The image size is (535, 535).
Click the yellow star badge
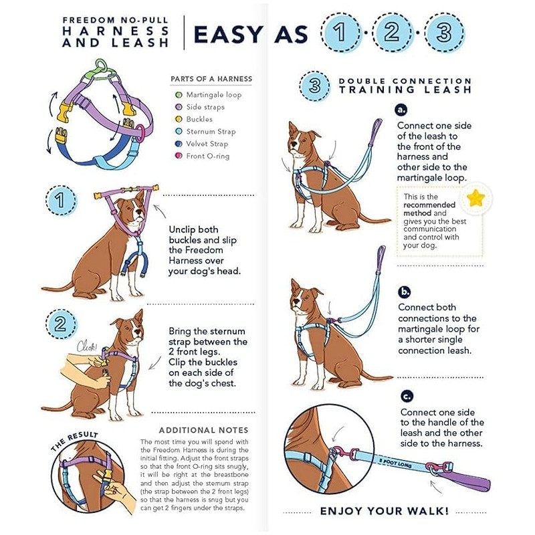click(x=475, y=198)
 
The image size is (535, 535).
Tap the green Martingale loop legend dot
click(x=179, y=95)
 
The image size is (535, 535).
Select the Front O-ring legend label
click(x=207, y=156)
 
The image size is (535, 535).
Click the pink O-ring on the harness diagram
click(x=140, y=132)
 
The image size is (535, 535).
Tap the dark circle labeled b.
click(x=405, y=292)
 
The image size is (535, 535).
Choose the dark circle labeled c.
click(x=407, y=396)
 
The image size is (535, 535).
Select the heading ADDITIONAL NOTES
click(x=203, y=430)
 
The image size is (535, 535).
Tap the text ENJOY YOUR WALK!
click(x=384, y=511)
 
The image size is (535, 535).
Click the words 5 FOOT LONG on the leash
click(x=395, y=463)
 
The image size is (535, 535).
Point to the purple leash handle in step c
click(x=464, y=477)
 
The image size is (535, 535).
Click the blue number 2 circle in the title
click(x=392, y=32)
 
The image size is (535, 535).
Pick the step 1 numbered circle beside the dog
click(x=61, y=201)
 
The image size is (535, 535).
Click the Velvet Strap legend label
click(x=207, y=144)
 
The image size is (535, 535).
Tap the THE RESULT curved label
click(x=74, y=441)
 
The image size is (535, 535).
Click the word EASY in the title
click(x=228, y=34)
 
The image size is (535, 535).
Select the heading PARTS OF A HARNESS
click(x=211, y=79)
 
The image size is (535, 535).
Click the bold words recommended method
click(x=429, y=209)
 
